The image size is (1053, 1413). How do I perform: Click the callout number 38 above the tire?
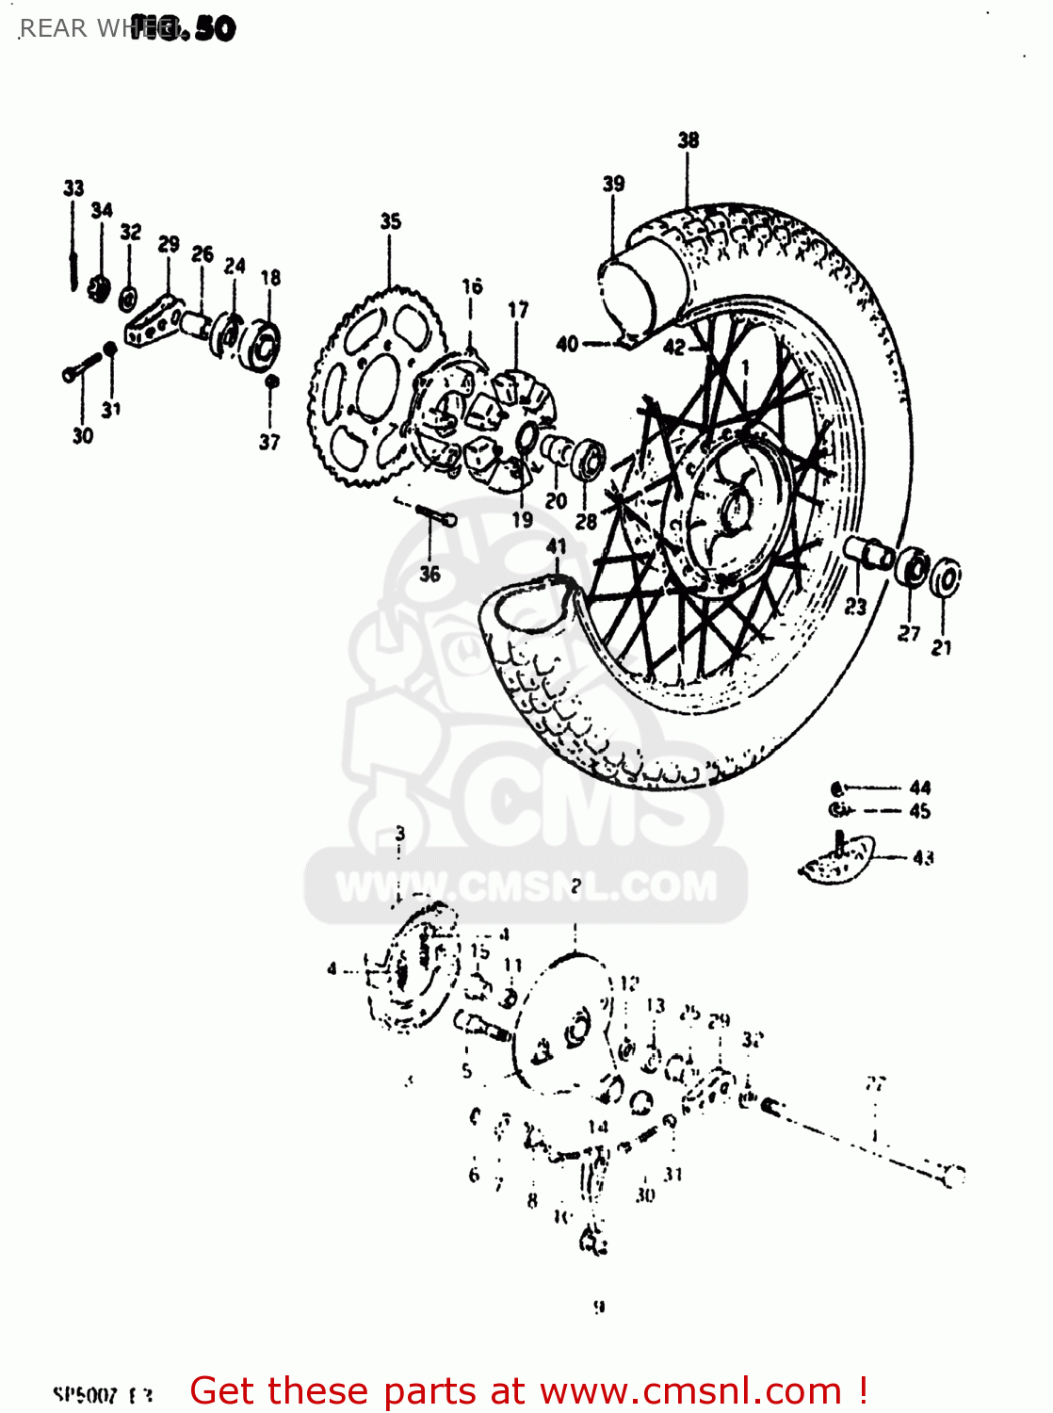tap(688, 140)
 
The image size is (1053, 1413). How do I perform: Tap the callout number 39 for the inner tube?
tap(613, 184)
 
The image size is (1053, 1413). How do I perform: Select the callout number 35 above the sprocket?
tap(390, 221)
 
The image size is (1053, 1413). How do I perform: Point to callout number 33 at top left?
tap(73, 188)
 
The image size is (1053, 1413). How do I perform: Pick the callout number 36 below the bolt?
tap(429, 574)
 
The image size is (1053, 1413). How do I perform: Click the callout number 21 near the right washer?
tap(941, 647)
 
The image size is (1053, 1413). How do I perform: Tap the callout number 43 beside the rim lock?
tap(923, 857)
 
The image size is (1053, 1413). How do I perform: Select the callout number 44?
tap(920, 788)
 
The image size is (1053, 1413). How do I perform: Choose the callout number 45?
tap(920, 811)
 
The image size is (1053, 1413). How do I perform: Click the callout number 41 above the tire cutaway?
tap(557, 546)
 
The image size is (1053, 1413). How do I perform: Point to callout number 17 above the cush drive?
tap(518, 310)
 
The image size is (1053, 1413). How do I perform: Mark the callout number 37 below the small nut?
tap(269, 442)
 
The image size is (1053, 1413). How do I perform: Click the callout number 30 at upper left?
tap(83, 435)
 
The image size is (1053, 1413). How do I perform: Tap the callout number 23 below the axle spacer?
tap(855, 607)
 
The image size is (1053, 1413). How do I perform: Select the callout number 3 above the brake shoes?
tap(400, 834)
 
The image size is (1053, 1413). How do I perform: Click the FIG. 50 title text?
tap(184, 28)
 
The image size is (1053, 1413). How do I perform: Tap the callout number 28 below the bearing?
tap(586, 521)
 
